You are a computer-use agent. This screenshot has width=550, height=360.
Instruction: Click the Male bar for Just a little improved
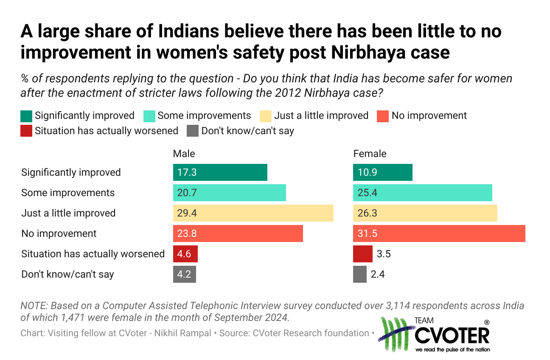253,213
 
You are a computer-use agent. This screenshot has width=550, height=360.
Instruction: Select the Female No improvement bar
439,233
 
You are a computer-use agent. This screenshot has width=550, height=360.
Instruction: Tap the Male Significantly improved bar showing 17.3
220,172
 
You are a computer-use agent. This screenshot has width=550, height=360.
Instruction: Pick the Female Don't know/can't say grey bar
359,274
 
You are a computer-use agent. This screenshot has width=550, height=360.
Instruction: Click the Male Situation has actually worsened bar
185,254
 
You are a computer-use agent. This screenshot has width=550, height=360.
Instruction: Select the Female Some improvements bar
422,193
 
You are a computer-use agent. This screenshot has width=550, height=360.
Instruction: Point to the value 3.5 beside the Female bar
383,254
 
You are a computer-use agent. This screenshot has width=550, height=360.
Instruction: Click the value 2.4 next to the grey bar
378,274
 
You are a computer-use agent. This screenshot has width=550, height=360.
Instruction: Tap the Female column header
370,154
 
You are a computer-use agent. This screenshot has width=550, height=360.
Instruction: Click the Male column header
184,154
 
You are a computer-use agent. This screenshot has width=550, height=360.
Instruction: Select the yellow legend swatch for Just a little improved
266,116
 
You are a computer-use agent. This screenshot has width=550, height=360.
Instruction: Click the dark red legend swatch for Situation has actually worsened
26,131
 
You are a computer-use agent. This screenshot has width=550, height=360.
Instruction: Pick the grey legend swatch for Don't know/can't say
193,131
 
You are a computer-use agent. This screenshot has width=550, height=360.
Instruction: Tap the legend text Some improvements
204,115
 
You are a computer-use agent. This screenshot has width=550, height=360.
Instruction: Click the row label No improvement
59,233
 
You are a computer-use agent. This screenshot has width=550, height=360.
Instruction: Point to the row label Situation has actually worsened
93,254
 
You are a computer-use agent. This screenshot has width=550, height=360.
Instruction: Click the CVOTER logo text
452,335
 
